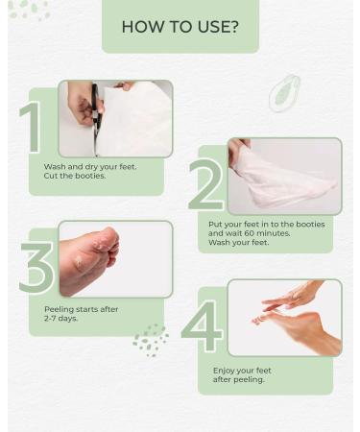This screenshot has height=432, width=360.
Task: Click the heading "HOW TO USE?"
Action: (x=180, y=26)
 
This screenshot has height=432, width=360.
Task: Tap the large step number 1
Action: (x=32, y=128)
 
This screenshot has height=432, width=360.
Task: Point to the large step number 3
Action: (x=36, y=268)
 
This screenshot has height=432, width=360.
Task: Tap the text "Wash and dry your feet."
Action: (x=89, y=167)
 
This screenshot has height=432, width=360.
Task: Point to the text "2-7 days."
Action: (x=61, y=318)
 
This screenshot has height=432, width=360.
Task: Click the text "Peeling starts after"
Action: (x=80, y=308)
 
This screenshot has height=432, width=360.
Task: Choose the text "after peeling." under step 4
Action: (x=239, y=379)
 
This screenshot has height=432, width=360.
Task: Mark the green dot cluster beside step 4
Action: (x=150, y=340)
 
